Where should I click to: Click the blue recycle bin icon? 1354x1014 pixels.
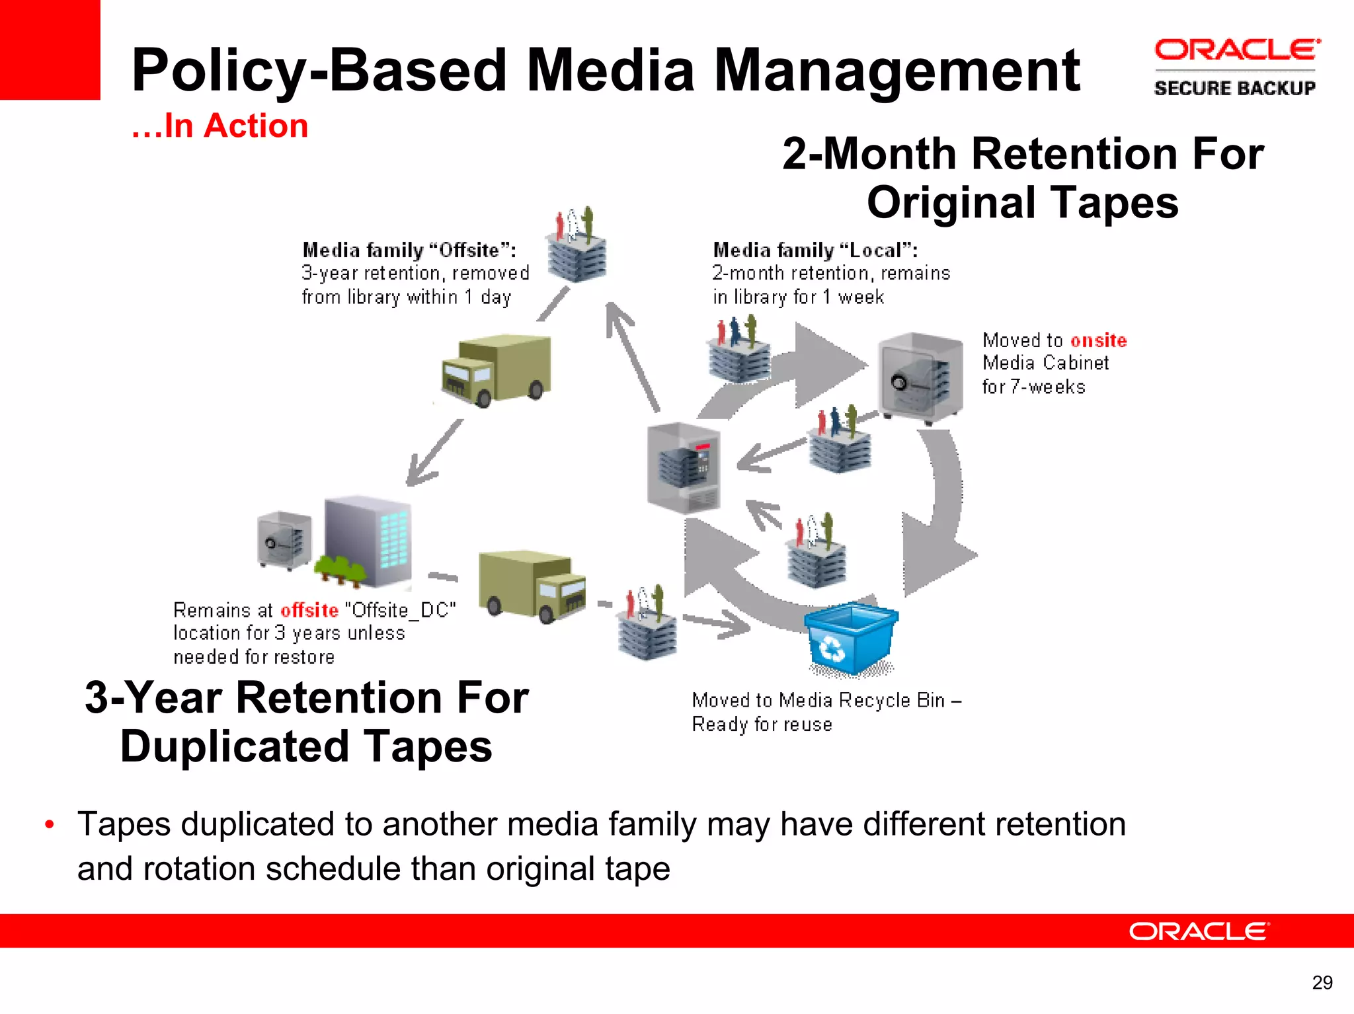point(850,639)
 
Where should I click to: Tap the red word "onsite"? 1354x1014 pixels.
point(1098,340)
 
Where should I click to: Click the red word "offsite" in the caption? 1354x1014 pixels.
point(309,609)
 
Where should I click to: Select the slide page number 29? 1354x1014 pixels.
point(1322,983)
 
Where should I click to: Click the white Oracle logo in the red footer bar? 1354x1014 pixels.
point(1199,931)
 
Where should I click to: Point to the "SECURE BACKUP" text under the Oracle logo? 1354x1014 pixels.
point(1234,88)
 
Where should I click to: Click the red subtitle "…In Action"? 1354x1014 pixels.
point(219,126)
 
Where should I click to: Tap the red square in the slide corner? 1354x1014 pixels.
point(50,50)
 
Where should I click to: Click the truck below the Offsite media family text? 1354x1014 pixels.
point(496,370)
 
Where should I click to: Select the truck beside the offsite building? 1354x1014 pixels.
point(532,586)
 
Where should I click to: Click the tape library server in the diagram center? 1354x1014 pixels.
point(684,468)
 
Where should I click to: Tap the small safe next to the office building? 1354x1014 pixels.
point(284,540)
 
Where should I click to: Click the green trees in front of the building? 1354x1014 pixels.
point(340,570)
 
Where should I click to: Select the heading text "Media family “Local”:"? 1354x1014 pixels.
point(815,250)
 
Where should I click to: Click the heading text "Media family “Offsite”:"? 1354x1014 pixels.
point(409,250)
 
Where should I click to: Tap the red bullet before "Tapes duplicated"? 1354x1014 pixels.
point(49,825)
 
